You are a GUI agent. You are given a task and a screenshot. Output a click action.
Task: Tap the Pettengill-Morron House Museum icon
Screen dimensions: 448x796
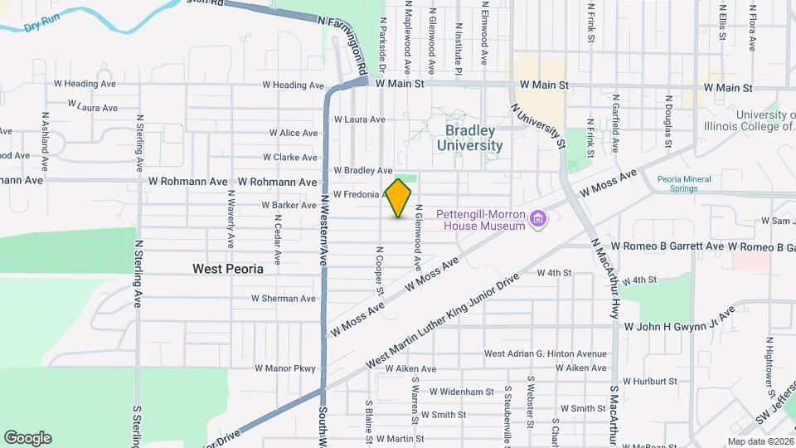[540, 220]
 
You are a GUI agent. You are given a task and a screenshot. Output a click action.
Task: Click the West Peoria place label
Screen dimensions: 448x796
[227, 269]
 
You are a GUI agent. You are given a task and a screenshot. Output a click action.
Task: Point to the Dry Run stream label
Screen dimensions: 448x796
[44, 26]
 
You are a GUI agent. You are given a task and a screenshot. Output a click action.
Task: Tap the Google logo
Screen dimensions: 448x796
[27, 438]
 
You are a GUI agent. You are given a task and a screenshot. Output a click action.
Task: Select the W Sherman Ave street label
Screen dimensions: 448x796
[285, 298]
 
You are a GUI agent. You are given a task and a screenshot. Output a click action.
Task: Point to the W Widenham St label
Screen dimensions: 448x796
[463, 391]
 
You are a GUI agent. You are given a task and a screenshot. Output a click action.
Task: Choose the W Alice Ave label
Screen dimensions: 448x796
[294, 133]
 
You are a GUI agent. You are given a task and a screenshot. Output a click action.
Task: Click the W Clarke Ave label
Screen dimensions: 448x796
[291, 157]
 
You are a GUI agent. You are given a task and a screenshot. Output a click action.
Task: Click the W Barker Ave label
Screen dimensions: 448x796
[289, 205]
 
